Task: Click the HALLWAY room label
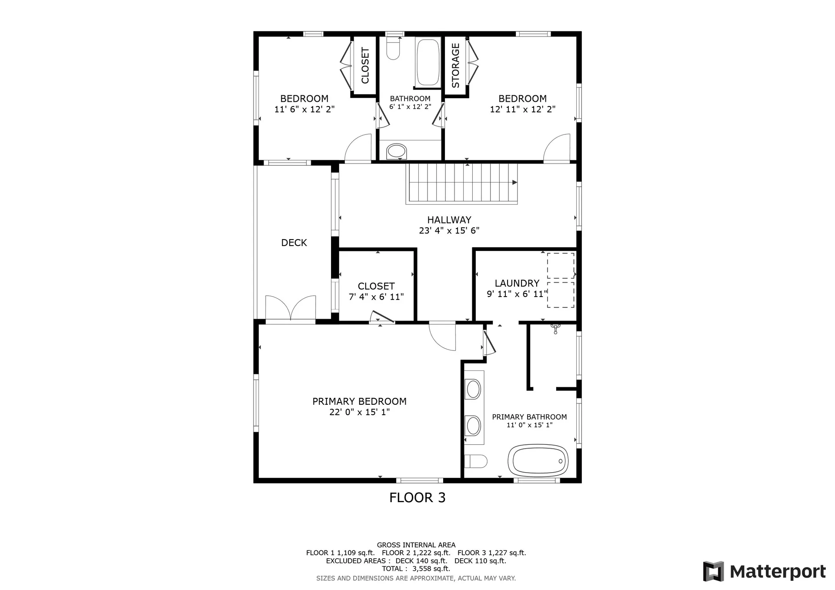(449, 220)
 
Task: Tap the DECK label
(294, 243)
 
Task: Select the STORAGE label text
(455, 66)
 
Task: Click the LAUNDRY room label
(517, 283)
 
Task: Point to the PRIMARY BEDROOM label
(359, 401)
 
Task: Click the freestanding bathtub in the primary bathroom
(538, 460)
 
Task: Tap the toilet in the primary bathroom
(475, 461)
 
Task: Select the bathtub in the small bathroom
(428, 63)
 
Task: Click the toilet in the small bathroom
(393, 48)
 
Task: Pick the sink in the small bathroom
(396, 151)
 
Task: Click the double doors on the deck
(291, 308)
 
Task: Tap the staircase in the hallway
(462, 183)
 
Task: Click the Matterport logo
(764, 571)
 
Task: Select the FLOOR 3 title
(417, 497)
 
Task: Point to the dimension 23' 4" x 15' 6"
(449, 231)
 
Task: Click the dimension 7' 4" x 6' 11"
(376, 297)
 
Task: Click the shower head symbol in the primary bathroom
(555, 328)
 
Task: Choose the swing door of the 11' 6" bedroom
(358, 148)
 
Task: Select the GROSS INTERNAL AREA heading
(416, 545)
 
